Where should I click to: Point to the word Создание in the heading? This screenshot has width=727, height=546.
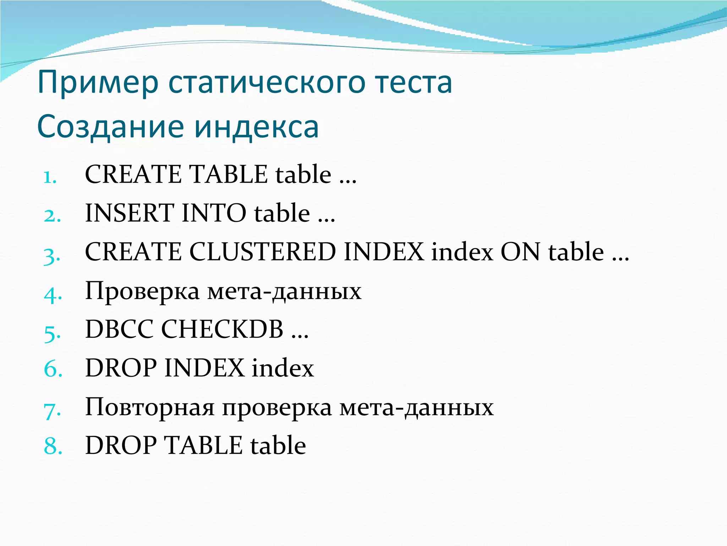click(110, 127)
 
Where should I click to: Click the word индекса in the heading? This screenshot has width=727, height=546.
click(256, 127)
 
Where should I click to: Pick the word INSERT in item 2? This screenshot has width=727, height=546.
click(129, 213)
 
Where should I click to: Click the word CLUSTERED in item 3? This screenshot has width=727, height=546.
click(262, 252)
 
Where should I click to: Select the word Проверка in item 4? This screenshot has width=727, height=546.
click(142, 291)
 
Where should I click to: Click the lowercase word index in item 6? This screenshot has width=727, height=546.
click(283, 368)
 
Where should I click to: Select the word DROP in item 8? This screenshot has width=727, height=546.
click(121, 445)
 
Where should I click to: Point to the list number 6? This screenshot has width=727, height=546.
click(53, 369)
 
